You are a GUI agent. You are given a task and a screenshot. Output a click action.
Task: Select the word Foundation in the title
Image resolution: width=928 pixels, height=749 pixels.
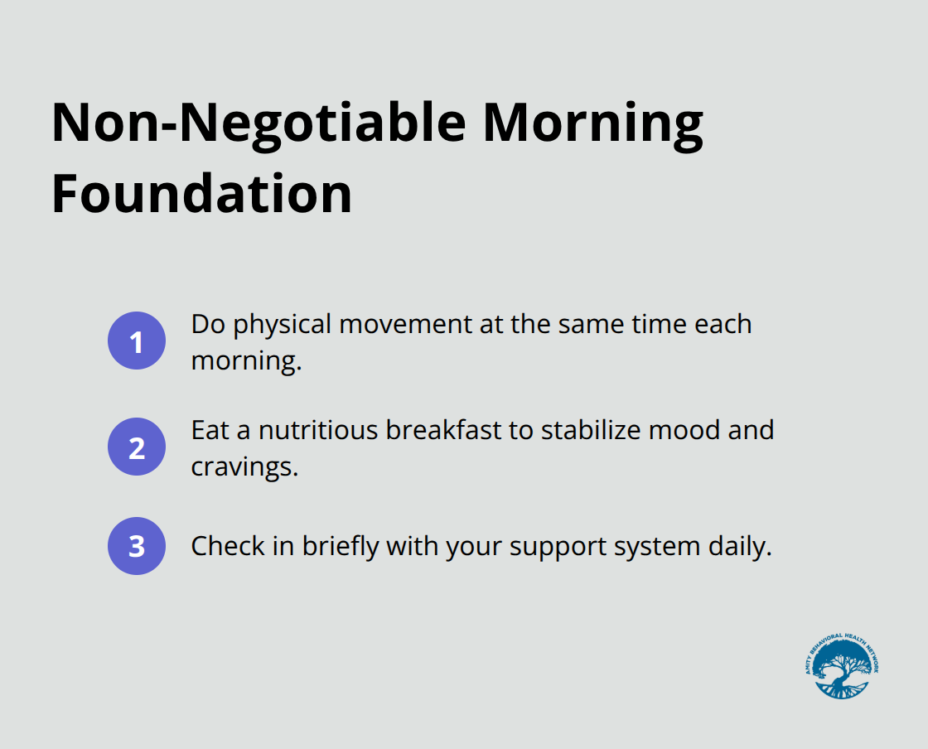click(x=202, y=193)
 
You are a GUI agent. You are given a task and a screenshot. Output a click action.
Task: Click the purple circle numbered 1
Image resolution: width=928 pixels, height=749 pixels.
click(x=137, y=341)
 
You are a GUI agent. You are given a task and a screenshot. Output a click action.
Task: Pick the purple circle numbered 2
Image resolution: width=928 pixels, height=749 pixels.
click(x=137, y=447)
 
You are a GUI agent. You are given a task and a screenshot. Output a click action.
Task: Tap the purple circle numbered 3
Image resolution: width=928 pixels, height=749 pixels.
click(x=137, y=546)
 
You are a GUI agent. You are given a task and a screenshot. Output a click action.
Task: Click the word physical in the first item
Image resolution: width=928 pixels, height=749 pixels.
click(x=283, y=326)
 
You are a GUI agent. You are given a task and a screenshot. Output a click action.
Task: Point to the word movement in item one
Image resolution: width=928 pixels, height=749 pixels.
click(x=405, y=325)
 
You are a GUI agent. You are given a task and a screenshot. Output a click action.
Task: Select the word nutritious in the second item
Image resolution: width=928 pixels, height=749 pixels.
click(x=318, y=430)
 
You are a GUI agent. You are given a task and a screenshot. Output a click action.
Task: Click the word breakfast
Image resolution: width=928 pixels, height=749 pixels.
click(x=443, y=430)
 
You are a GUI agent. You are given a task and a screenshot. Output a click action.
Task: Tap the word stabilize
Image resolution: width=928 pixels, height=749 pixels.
click(x=591, y=430)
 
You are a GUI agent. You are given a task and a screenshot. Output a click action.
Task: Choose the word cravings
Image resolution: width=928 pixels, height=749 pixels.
click(x=244, y=468)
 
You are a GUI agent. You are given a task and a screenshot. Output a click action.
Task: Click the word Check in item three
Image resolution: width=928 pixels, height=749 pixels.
click(x=228, y=546)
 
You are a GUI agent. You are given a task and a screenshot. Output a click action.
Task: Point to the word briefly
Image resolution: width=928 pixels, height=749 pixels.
click(x=341, y=548)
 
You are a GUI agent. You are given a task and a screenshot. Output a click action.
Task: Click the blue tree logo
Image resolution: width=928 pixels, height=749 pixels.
click(x=842, y=666)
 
